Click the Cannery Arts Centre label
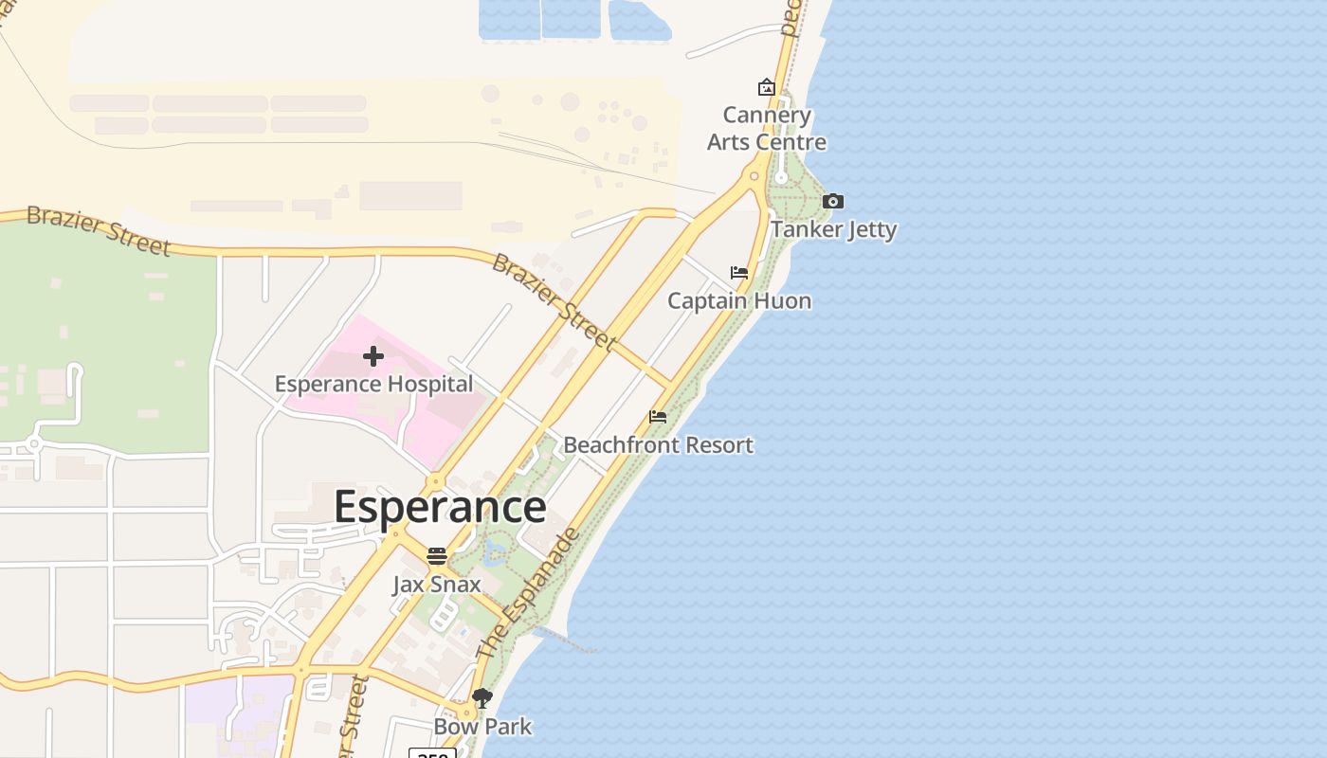click(767, 129)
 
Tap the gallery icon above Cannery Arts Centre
click(767, 88)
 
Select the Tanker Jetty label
click(833, 229)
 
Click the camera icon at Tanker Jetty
click(833, 201)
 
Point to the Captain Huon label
click(739, 301)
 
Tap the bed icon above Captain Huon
click(739, 273)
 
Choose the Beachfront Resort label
click(659, 445)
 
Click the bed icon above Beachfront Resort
click(658, 417)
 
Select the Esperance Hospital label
click(373, 385)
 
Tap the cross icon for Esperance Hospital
click(373, 356)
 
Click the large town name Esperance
click(440, 507)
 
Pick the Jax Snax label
click(437, 585)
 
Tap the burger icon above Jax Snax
click(437, 556)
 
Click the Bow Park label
click(482, 727)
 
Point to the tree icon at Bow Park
click(482, 699)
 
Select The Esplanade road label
click(527, 594)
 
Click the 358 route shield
click(432, 753)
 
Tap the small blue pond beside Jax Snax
click(493, 552)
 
